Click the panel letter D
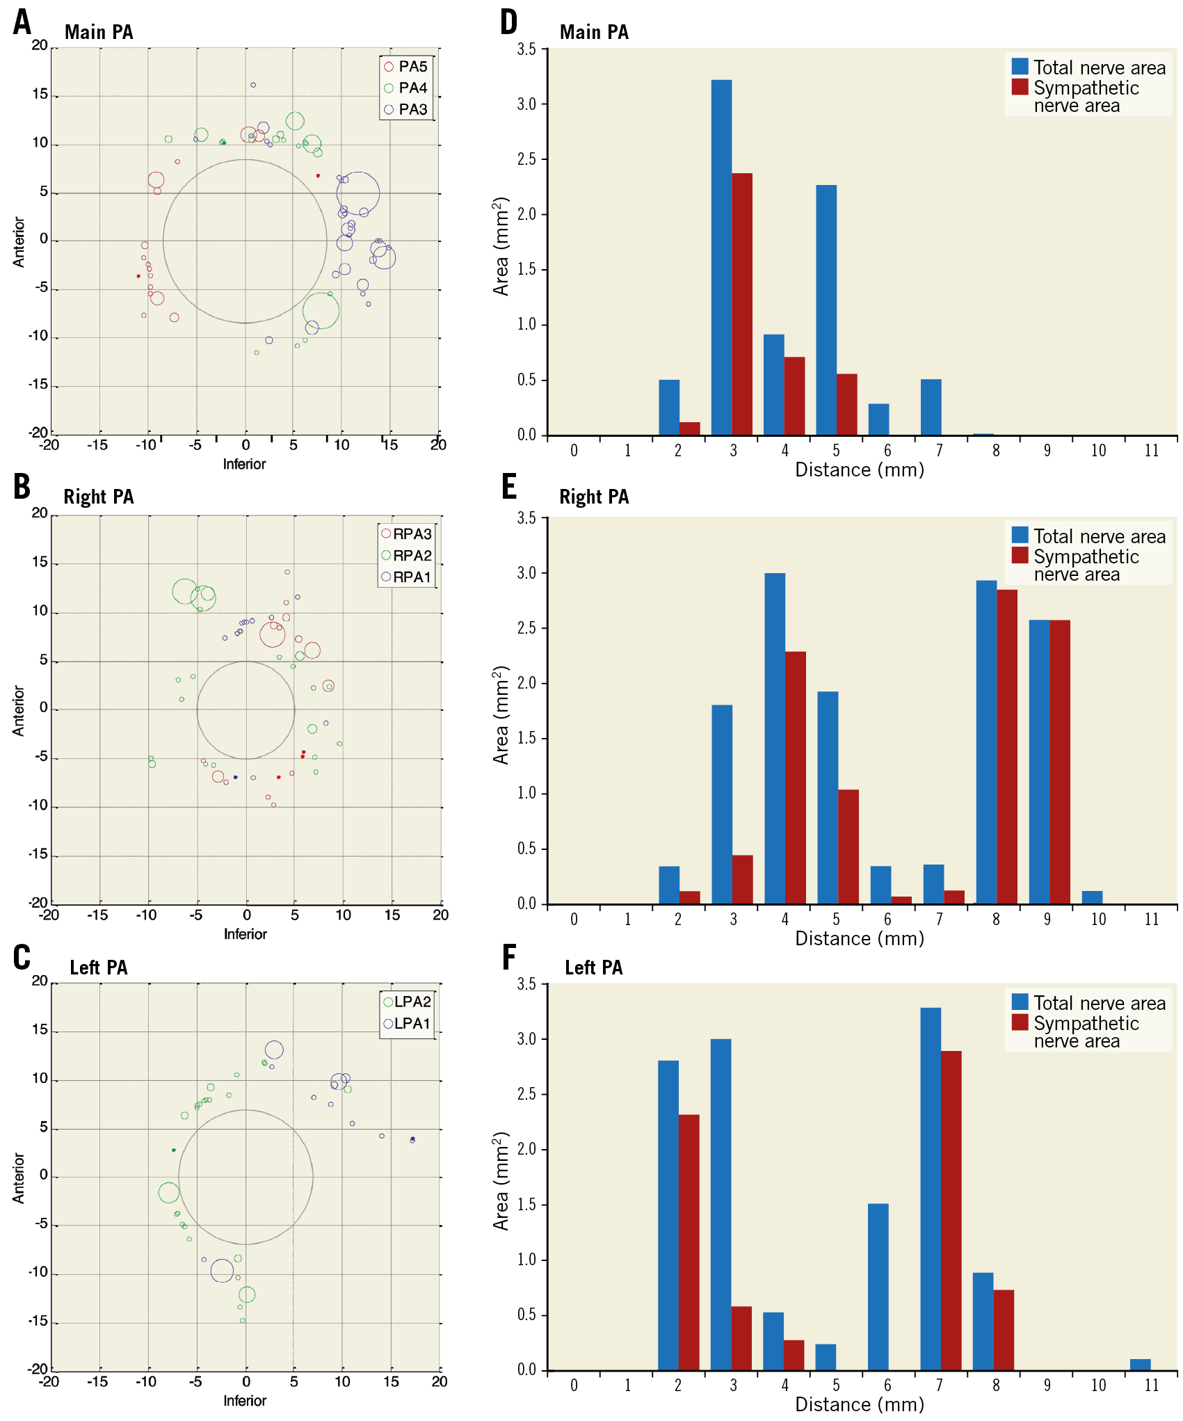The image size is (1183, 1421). (509, 22)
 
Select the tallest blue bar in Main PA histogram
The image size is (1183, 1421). (721, 257)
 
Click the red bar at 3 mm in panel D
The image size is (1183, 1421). (742, 304)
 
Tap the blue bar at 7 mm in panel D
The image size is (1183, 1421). (931, 408)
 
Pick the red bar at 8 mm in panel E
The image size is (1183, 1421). (1007, 746)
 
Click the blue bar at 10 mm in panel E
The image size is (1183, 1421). (1092, 897)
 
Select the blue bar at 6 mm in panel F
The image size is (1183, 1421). (878, 1287)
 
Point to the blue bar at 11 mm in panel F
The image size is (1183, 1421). (1140, 1365)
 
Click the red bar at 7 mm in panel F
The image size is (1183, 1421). (951, 1210)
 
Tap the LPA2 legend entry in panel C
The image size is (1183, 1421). (407, 1002)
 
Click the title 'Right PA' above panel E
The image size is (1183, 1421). (594, 497)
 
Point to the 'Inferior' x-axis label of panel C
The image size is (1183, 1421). (245, 1400)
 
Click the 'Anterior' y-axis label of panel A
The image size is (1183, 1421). (19, 242)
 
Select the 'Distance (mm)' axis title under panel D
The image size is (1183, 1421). (860, 470)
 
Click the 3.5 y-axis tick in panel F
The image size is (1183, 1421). (526, 984)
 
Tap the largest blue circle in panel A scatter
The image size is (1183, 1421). (358, 193)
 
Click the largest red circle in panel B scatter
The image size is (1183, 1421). (272, 634)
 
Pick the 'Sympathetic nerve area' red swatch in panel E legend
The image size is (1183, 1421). (1020, 555)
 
